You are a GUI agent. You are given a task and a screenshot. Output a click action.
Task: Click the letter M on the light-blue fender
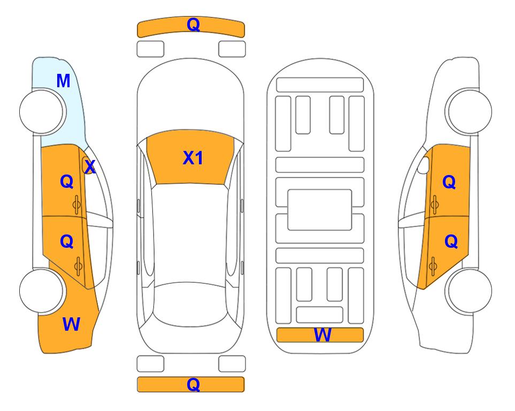coord(64,81)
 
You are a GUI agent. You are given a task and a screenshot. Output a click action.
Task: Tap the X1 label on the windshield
coord(193,158)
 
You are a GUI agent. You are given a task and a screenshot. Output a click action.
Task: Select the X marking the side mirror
coord(90,167)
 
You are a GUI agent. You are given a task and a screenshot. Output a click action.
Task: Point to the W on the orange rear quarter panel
coord(71,324)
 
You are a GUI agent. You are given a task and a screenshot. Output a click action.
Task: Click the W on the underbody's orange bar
coord(322,335)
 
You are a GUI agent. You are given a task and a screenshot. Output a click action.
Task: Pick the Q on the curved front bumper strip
coord(194,25)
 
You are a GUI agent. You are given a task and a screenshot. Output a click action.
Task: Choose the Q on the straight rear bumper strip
coord(194,384)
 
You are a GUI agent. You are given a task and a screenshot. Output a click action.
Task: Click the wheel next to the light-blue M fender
coord(42,112)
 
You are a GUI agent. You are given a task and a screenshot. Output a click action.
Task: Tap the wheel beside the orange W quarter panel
coord(42,291)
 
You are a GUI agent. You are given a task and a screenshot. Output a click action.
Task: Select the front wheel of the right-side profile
coord(469,111)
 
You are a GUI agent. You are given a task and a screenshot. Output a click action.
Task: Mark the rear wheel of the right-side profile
coord(469,291)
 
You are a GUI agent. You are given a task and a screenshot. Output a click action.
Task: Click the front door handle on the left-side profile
coord(77,205)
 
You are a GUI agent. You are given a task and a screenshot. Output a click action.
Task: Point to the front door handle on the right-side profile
coord(435,204)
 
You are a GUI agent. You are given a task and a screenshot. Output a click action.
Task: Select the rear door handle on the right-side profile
coord(433,266)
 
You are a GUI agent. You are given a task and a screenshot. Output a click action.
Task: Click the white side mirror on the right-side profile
coord(424,165)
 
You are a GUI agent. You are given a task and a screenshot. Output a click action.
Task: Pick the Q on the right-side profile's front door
coord(449,182)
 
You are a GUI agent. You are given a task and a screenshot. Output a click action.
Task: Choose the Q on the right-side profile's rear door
coord(451,242)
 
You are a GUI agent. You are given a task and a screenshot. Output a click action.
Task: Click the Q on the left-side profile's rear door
coord(67,242)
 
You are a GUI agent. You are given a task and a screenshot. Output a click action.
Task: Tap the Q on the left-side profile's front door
coord(67,181)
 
